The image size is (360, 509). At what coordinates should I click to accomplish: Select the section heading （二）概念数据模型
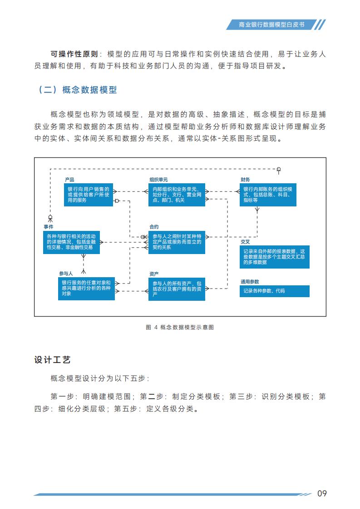click(x=77, y=89)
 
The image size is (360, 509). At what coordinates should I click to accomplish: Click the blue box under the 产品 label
click(x=89, y=195)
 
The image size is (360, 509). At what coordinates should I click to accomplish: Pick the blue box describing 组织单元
click(x=177, y=195)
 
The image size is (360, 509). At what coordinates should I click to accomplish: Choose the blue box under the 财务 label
click(x=268, y=195)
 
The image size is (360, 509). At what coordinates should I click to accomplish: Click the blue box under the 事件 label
click(x=71, y=242)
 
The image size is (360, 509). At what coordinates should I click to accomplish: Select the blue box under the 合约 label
click(x=177, y=242)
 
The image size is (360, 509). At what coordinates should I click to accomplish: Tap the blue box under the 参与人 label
click(x=86, y=288)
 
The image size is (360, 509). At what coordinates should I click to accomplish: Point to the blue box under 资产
click(x=177, y=289)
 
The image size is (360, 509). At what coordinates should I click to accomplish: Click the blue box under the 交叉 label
click(x=275, y=257)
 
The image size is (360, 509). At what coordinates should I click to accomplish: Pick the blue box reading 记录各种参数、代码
click(x=275, y=291)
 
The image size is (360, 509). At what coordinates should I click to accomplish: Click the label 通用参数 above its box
click(x=250, y=281)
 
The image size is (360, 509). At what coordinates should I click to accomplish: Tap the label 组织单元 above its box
click(x=158, y=180)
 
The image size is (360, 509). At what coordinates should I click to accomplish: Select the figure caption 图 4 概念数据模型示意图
click(x=180, y=327)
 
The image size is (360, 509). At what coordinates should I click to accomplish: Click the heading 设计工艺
click(x=52, y=360)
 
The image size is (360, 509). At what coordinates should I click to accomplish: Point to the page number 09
click(x=322, y=493)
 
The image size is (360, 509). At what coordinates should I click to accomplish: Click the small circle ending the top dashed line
click(x=278, y=169)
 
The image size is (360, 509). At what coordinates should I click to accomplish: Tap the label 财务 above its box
click(x=245, y=180)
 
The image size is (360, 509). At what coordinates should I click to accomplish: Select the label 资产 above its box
click(x=154, y=274)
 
